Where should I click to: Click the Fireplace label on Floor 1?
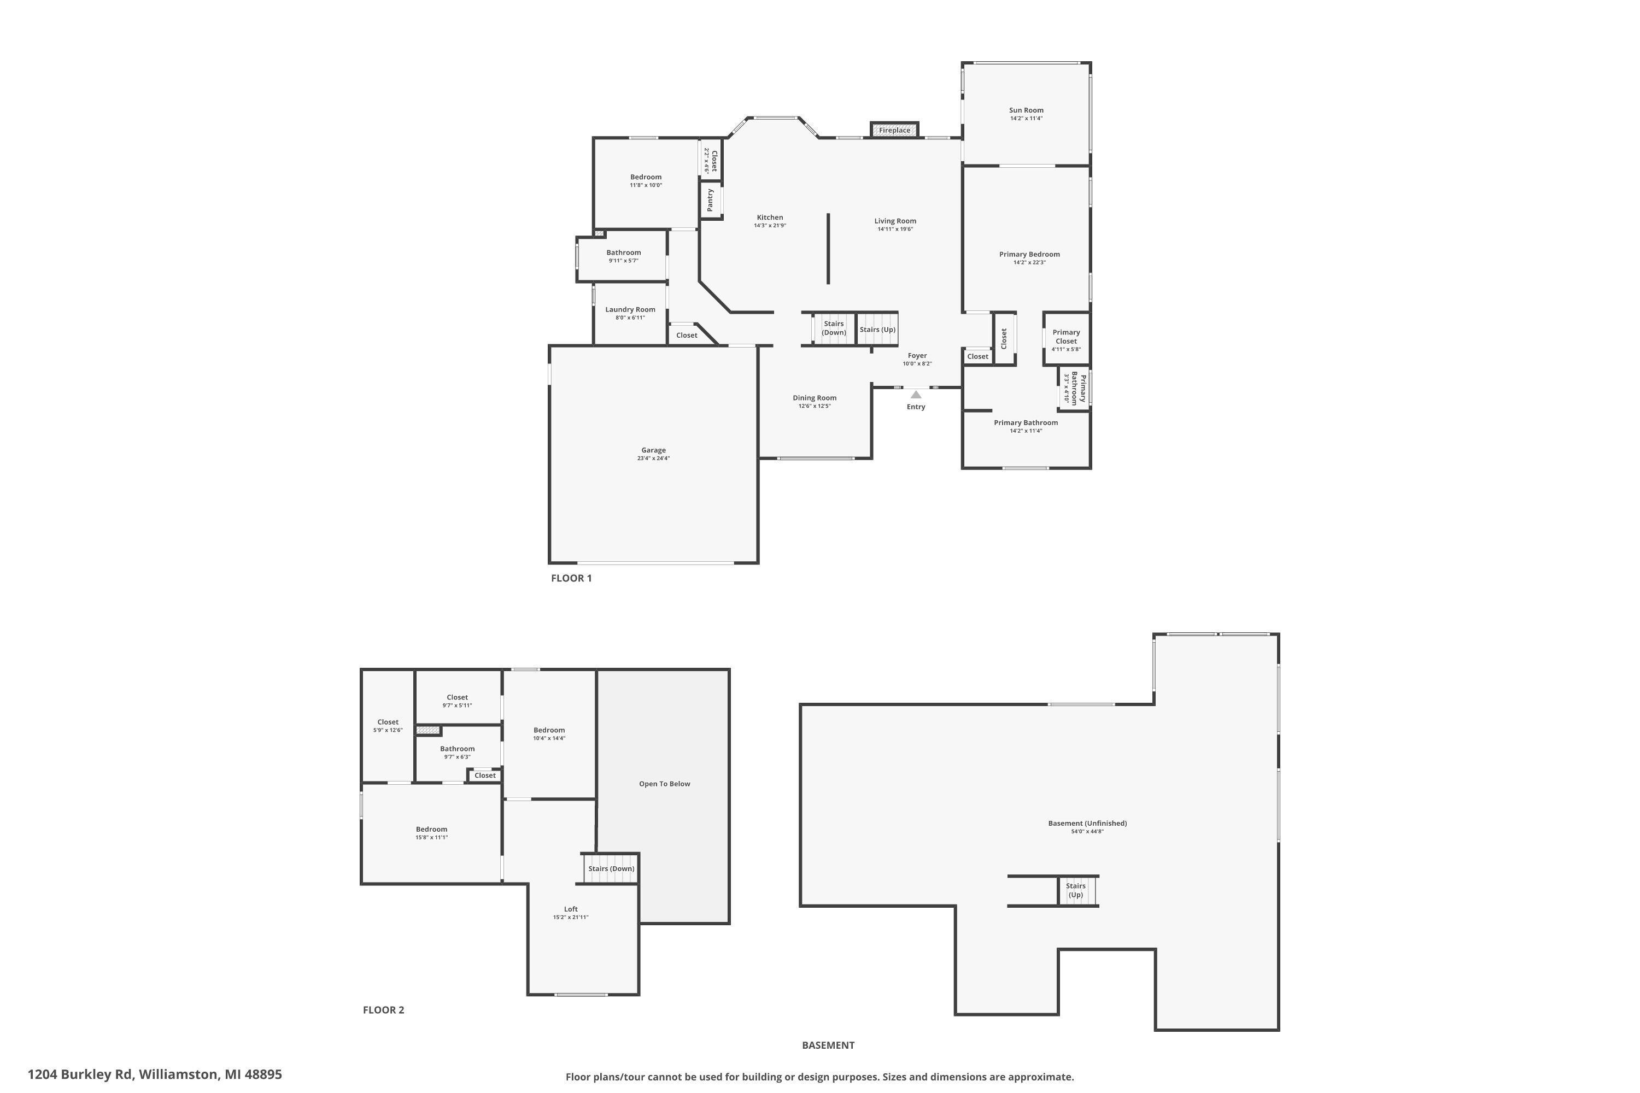894,131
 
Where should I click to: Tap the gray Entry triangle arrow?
916,395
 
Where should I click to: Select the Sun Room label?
1027,110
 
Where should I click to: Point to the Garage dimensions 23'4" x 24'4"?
653,459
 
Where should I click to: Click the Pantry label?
711,200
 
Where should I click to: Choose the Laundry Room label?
630,309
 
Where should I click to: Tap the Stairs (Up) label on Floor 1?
878,330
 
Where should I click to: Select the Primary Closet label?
1066,337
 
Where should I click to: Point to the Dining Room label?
815,398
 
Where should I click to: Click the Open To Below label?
665,784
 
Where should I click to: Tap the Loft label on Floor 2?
571,909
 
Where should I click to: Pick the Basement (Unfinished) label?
1088,823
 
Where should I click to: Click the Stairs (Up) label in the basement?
1076,890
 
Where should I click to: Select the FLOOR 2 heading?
384,1009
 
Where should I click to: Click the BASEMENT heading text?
828,1045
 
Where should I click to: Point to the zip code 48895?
263,1074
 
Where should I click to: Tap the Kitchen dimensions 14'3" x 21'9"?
770,226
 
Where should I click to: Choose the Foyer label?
918,356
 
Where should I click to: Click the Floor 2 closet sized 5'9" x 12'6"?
388,726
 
